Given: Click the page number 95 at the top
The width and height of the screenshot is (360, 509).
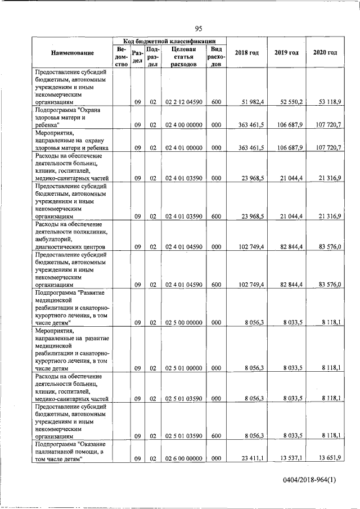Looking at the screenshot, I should pos(199,29).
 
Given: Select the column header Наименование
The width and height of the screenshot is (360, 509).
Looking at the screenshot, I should pos(72,53).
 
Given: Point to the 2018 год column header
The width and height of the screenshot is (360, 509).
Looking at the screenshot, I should pos(247,53).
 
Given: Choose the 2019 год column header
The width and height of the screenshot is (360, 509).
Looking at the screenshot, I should pos(286,53).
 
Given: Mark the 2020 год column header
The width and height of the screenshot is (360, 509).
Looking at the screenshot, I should pos(325,53).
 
